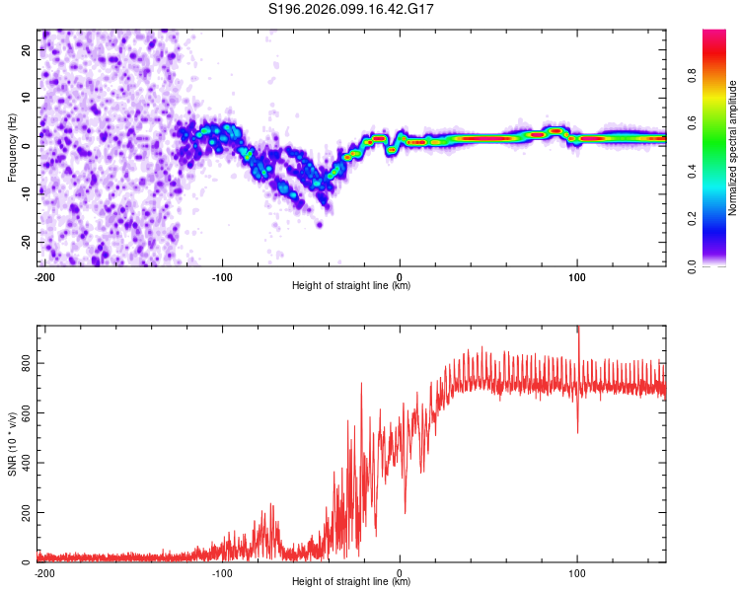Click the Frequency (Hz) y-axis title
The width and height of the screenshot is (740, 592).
[x=12, y=148]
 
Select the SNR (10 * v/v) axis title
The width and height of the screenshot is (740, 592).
[x=12, y=444]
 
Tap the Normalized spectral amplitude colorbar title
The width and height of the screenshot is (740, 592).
[x=733, y=148]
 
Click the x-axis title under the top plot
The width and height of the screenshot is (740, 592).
[x=351, y=285]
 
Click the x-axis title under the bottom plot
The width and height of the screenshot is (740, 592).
[x=351, y=581]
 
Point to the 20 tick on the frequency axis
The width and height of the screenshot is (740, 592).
[x=27, y=49]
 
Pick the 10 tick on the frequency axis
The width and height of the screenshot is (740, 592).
[x=27, y=98]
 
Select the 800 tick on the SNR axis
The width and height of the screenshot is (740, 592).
[x=24, y=364]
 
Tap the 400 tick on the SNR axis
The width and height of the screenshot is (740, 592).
[x=24, y=464]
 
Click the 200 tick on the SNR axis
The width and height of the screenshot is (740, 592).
[x=24, y=513]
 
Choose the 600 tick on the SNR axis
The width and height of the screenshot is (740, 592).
[x=24, y=413]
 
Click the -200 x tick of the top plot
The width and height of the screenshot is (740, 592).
[x=43, y=275]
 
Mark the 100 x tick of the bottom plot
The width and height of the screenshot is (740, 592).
[x=577, y=571]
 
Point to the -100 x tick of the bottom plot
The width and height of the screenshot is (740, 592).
[x=221, y=571]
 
